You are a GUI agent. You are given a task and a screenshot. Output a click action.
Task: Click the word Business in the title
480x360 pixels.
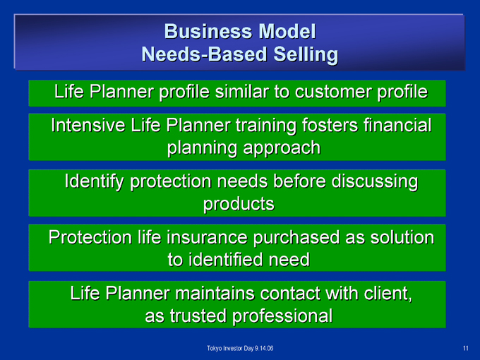tap(209, 31)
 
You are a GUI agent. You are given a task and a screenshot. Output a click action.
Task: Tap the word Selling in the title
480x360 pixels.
tap(306, 55)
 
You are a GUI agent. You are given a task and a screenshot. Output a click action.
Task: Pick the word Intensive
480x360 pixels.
tap(88, 125)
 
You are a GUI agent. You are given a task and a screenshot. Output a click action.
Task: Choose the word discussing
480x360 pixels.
tap(375, 182)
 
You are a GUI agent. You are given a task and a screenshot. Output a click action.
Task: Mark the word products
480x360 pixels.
tap(239, 205)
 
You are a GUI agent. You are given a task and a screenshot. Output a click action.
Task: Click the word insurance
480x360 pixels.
tap(207, 238)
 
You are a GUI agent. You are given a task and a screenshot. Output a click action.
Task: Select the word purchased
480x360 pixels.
tap(296, 238)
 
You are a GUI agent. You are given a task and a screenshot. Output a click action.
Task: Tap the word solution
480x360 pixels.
tap(402, 238)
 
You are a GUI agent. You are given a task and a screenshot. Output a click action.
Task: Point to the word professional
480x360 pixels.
tap(282, 316)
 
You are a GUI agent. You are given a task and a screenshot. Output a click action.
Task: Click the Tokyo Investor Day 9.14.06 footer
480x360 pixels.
tap(240, 349)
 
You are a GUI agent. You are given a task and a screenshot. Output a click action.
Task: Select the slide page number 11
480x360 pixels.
tap(466, 349)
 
